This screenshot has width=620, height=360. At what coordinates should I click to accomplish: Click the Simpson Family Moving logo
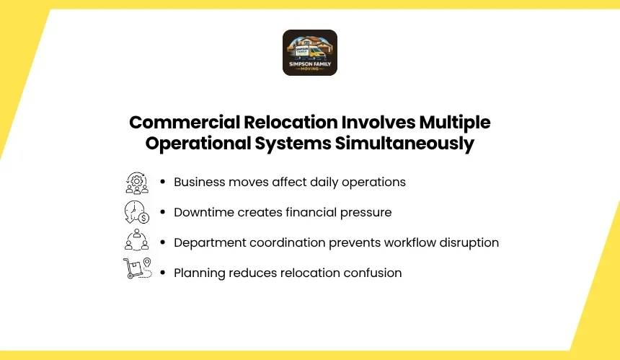(310, 53)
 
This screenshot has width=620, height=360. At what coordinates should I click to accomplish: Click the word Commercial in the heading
(185, 122)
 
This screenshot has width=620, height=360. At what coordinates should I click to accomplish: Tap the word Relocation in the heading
(291, 122)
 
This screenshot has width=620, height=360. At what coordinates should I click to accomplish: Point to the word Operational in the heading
(198, 144)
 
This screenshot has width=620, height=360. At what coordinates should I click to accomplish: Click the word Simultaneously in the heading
(404, 144)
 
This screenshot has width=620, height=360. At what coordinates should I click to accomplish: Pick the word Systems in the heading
(293, 144)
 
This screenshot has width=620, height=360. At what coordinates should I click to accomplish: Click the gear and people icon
(137, 183)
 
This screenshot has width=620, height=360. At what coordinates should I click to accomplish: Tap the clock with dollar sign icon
(137, 212)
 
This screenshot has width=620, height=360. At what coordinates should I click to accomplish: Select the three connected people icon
(137, 240)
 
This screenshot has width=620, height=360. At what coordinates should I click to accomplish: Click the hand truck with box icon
(138, 268)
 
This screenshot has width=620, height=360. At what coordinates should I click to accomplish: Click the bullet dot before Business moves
(162, 182)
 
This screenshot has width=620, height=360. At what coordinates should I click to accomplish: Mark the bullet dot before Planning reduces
(162, 273)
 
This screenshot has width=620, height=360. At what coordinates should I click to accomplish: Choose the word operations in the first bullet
(373, 183)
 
